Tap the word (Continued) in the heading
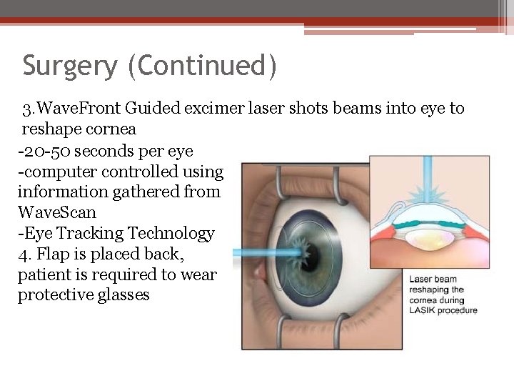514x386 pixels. (x=202, y=66)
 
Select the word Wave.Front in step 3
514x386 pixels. (x=81, y=109)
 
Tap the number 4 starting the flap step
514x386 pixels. (x=21, y=254)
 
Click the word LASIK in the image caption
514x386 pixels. (x=423, y=311)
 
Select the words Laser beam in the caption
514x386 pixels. (x=433, y=279)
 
